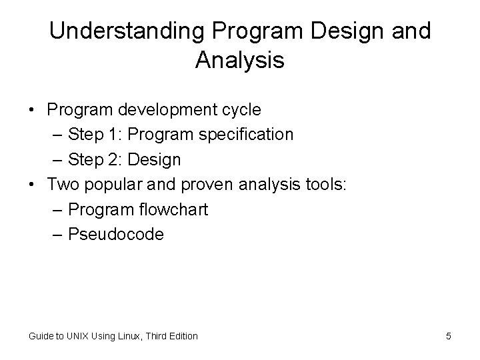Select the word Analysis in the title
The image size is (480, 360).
tap(240, 61)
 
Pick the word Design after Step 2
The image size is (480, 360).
tap(154, 160)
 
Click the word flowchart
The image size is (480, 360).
tap(175, 209)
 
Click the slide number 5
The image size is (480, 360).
tap(449, 336)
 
